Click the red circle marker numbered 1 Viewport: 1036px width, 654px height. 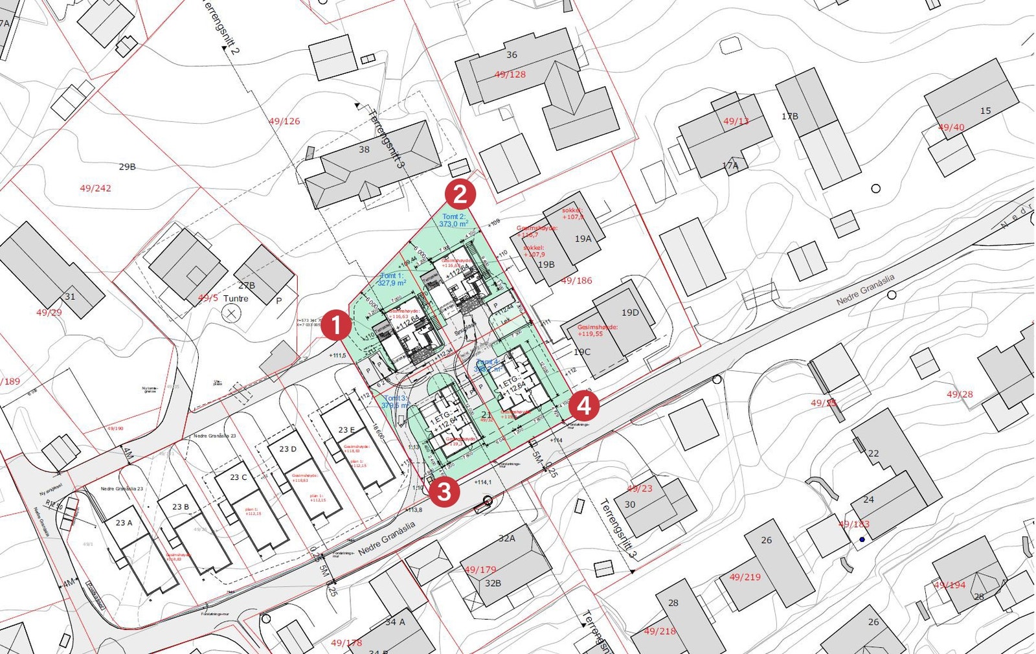336,325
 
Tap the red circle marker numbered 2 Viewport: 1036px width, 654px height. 460,194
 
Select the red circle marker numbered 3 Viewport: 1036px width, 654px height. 444,491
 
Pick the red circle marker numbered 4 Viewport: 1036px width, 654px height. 584,406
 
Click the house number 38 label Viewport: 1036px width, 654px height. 365,150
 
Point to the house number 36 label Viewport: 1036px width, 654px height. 512,55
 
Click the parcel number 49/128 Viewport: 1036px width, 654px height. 510,74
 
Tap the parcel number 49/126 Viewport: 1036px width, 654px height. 284,121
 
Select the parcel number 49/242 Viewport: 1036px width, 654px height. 95,188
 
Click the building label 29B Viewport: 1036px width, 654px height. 127,167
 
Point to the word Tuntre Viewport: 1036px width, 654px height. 236,299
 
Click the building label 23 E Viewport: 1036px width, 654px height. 346,430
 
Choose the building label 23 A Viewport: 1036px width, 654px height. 124,523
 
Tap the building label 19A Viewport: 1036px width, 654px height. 583,239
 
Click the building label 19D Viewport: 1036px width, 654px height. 630,313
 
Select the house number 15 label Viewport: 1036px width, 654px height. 985,111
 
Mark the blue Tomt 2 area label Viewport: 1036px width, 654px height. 453,220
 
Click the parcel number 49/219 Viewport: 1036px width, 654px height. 745,577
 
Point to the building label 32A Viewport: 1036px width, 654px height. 506,539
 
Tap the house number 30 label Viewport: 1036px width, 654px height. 630,504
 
